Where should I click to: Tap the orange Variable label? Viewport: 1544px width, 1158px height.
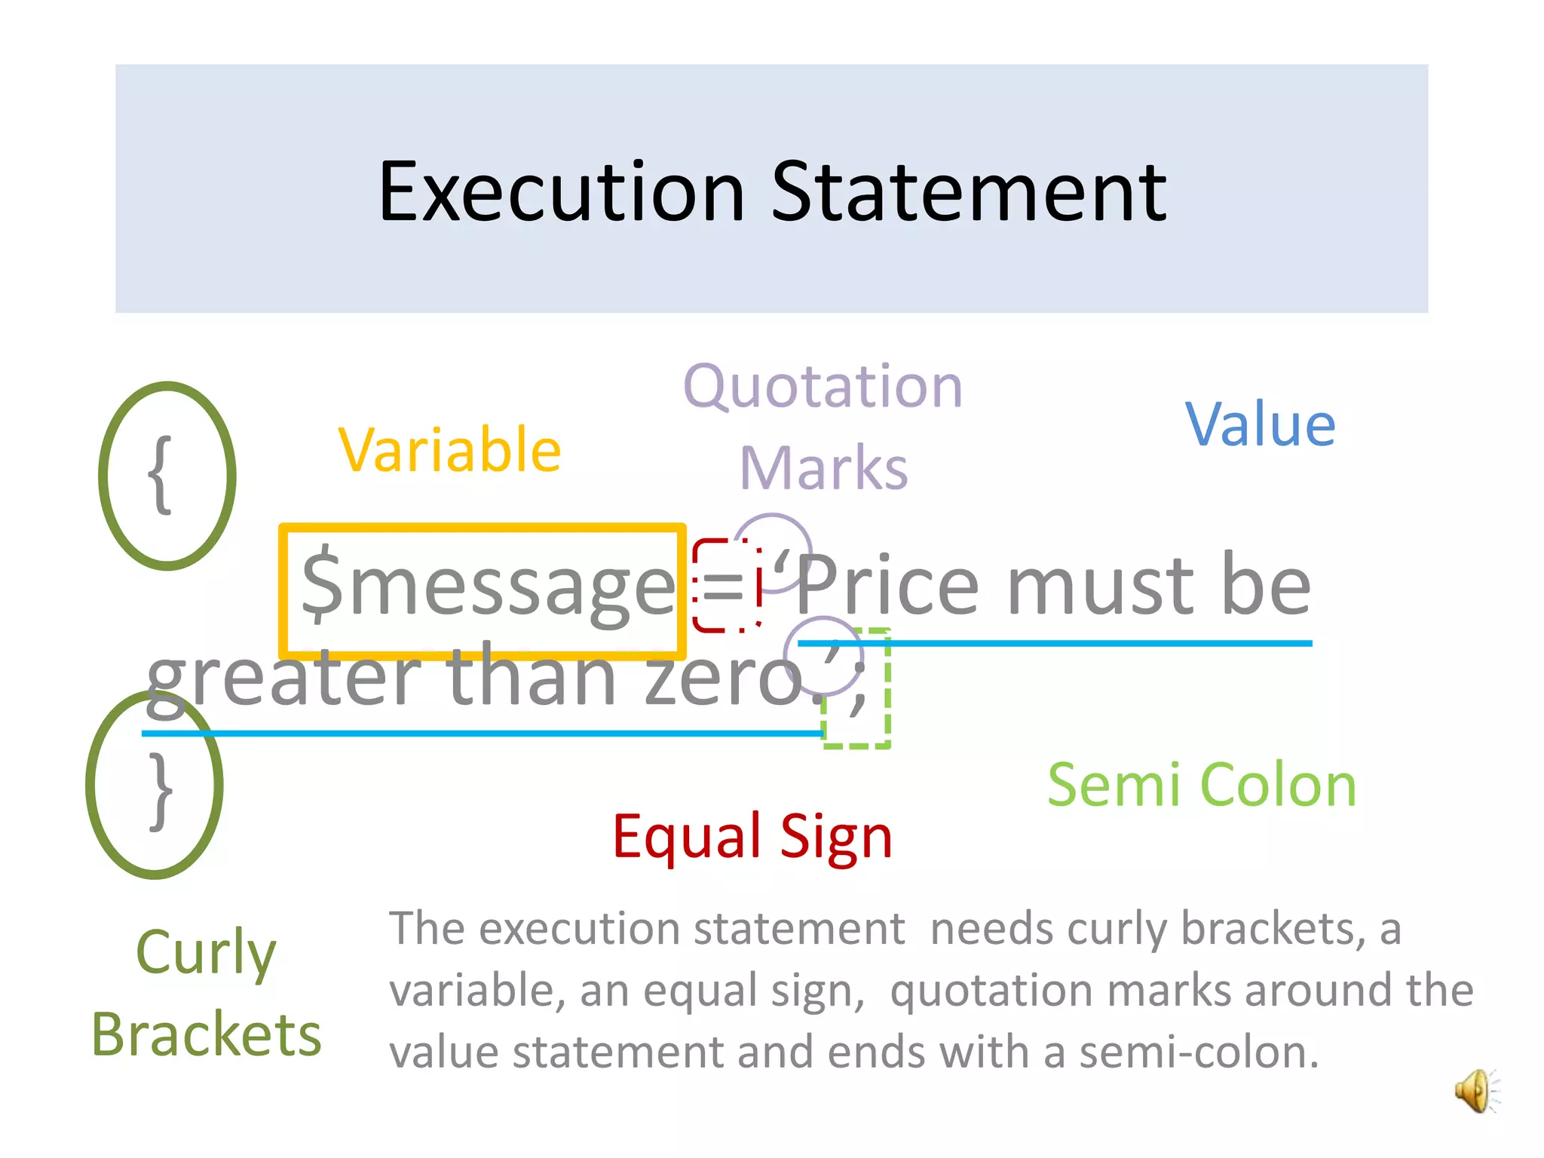coord(449,450)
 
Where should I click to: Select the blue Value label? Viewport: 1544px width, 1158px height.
coord(1261,424)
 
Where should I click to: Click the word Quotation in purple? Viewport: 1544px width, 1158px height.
coord(823,386)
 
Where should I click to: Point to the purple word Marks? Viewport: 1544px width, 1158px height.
coord(823,468)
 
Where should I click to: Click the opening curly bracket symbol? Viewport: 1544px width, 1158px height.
coord(161,476)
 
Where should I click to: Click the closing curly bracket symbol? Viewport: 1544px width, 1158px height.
coord(161,791)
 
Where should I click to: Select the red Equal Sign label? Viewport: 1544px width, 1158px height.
coord(752,837)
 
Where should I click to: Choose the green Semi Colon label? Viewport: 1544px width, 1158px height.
coord(1202,786)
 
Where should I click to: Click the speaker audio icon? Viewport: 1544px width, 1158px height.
coord(1475,1090)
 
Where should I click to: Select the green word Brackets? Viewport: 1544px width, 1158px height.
coord(207,1034)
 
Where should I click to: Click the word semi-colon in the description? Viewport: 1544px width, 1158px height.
coord(1199,1052)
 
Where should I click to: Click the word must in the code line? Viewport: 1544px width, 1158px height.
coord(1101,586)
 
